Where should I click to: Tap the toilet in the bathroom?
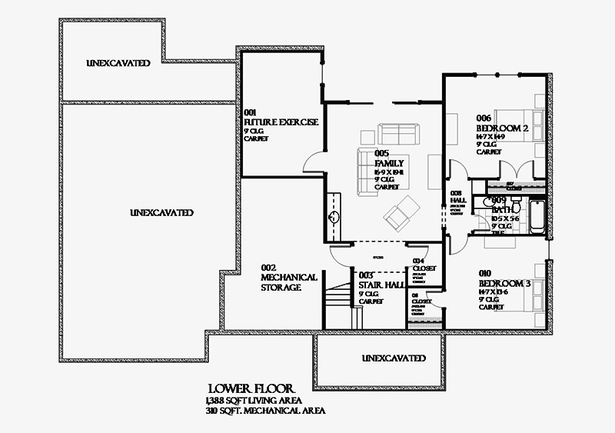[x=517, y=208]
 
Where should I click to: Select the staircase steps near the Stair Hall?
[x=337, y=296]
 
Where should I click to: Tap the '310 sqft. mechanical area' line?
[x=264, y=411]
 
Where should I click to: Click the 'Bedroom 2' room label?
[x=502, y=128]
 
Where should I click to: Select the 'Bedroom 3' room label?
[x=504, y=283]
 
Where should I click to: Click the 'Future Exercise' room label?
[x=281, y=122]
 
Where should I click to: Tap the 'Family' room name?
[x=389, y=164]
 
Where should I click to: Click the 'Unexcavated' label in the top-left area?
[x=118, y=62]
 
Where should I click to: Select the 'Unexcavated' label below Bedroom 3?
[x=394, y=358]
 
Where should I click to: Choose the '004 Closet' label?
[x=424, y=266]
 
